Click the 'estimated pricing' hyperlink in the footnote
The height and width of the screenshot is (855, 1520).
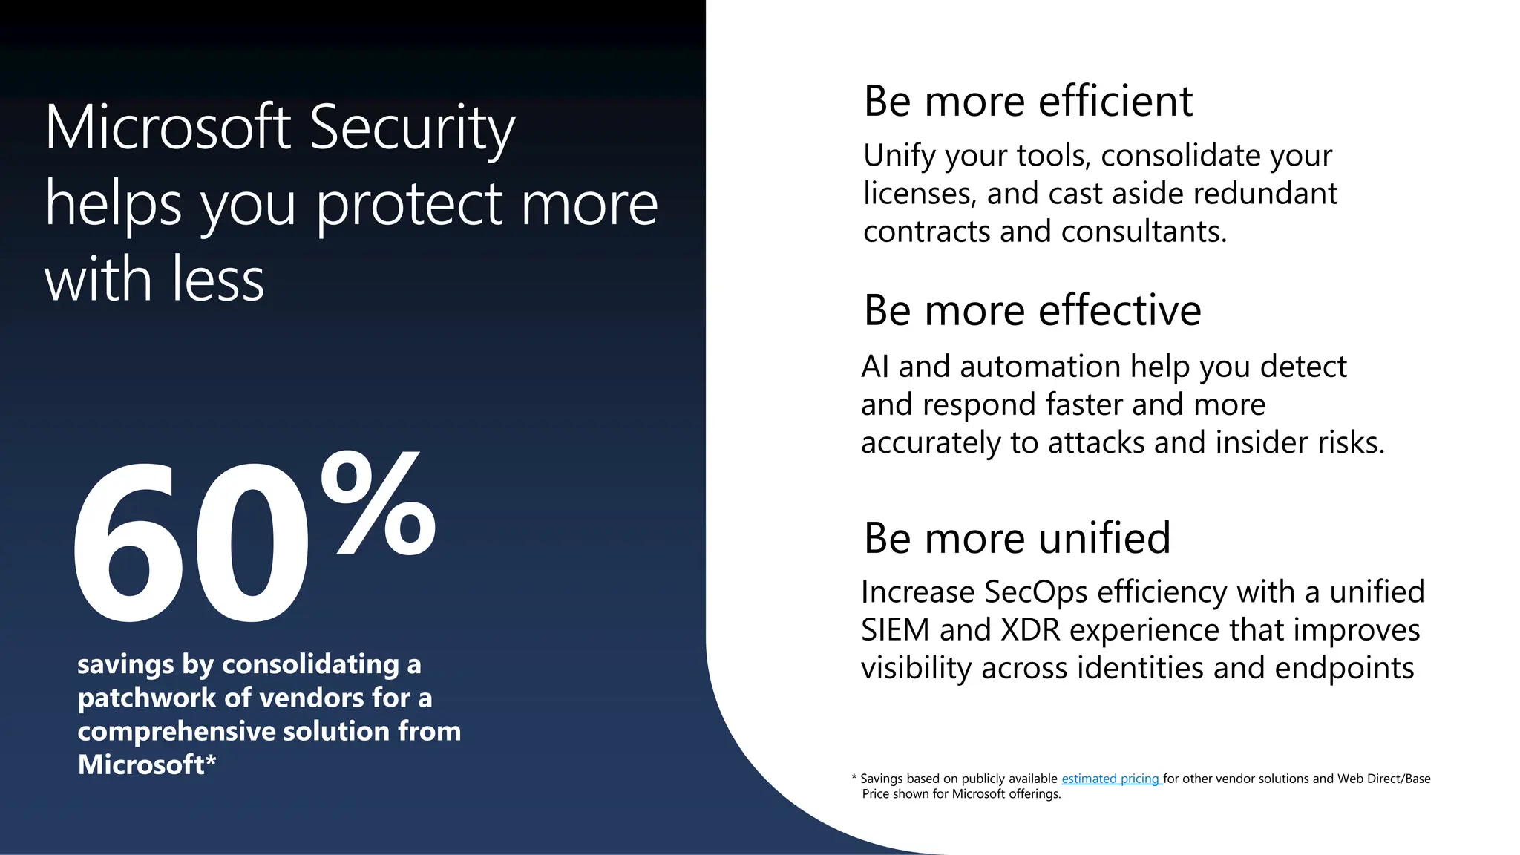point(1110,779)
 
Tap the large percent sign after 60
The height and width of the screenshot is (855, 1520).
point(379,505)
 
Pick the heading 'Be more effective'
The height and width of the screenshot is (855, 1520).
point(1032,310)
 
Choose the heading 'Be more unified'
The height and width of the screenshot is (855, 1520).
point(1017,538)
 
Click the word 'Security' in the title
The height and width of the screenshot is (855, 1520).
point(412,128)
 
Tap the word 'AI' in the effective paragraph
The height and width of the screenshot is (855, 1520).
point(874,367)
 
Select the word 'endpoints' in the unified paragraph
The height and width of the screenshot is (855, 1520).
point(1344,668)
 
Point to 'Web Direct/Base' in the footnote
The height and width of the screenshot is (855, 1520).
point(1383,779)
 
